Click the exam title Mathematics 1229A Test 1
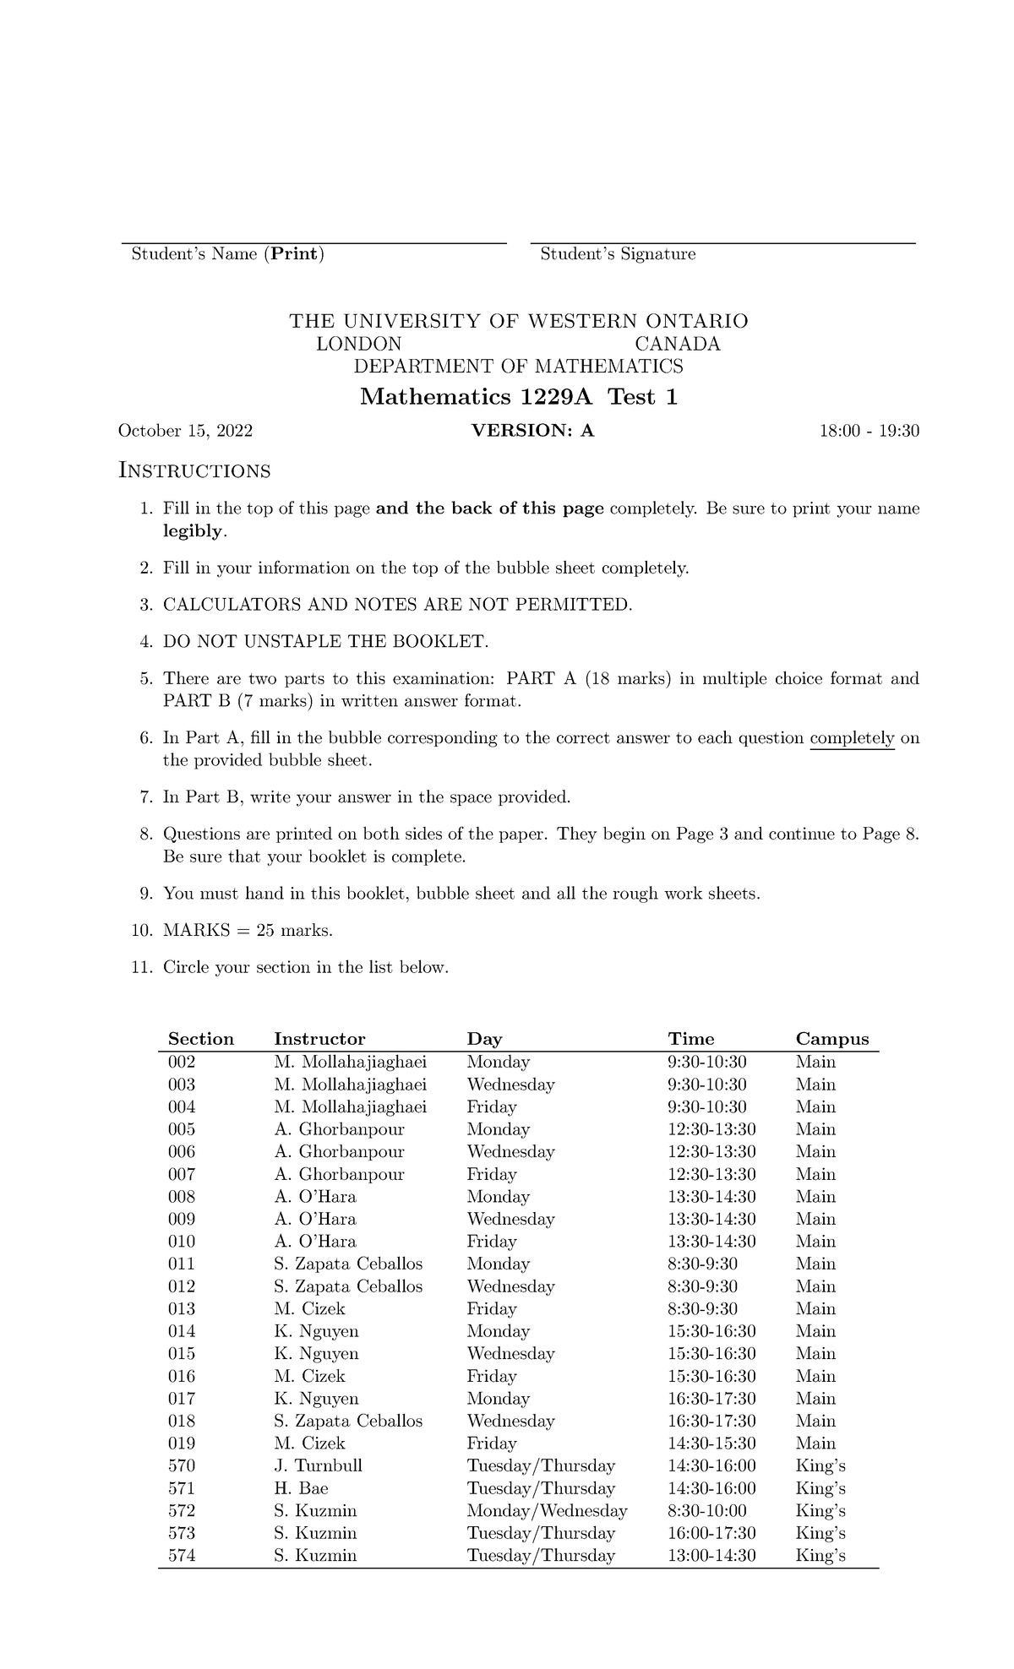point(518,397)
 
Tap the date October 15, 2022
point(185,432)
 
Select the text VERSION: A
point(532,432)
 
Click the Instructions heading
point(194,470)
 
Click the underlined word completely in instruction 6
point(852,738)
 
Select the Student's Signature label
point(618,254)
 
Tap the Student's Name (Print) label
point(227,254)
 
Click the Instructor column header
point(319,1039)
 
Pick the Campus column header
point(831,1039)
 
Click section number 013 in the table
point(182,1308)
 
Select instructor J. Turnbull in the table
point(318,1465)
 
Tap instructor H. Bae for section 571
point(301,1488)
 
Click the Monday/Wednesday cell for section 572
point(547,1510)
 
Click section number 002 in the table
point(182,1062)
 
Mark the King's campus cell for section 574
point(820,1555)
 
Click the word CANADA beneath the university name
point(677,344)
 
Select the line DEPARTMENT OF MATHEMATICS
point(518,367)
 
